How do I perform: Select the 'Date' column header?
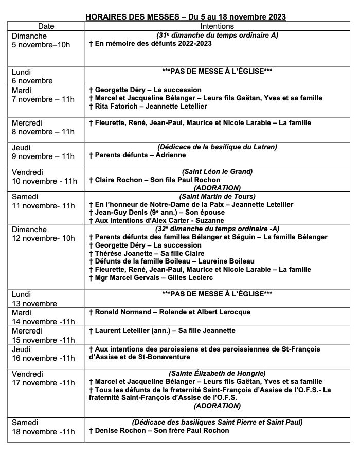click(46, 26)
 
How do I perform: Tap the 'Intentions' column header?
click(217, 26)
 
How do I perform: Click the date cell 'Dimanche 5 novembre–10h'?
click(41, 40)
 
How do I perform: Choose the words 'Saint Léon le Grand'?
click(217, 171)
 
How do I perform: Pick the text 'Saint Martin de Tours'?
click(217, 196)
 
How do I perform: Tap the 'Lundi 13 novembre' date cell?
click(34, 299)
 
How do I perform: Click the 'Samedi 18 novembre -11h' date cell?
click(43, 427)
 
